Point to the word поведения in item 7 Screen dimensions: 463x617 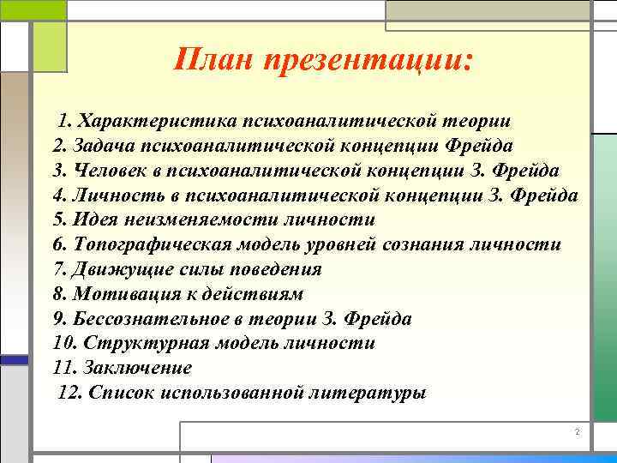(278, 268)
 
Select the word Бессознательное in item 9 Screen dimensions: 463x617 (145, 318)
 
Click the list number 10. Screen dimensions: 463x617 (63, 343)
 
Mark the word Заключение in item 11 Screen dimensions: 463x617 (138, 368)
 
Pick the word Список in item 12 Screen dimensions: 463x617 (118, 393)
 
